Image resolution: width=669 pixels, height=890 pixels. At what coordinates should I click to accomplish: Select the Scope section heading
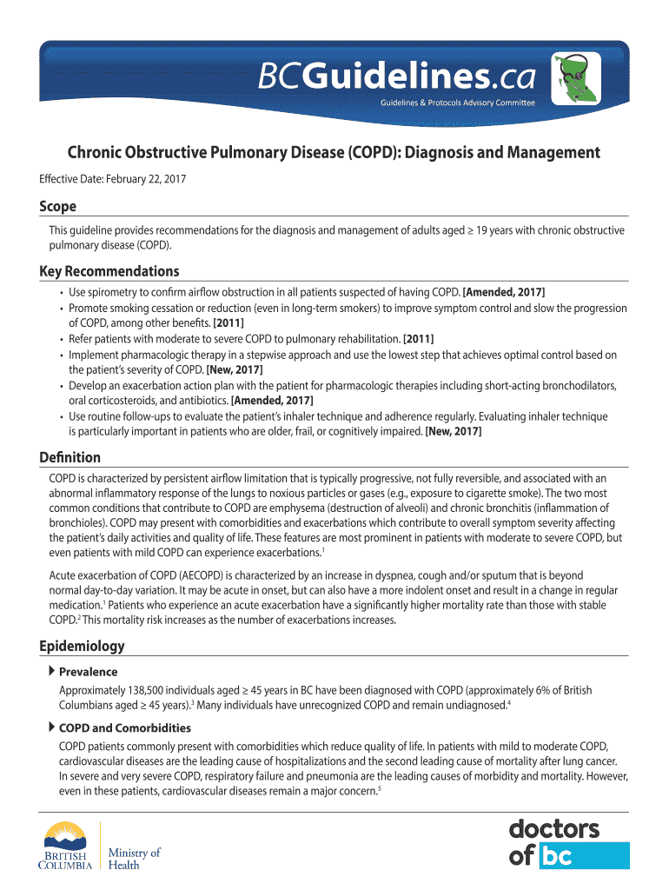pyautogui.click(x=57, y=207)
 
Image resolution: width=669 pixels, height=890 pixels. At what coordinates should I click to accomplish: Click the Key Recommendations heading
pyautogui.click(x=109, y=271)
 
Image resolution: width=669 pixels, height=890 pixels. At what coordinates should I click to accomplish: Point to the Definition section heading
pyautogui.click(x=70, y=457)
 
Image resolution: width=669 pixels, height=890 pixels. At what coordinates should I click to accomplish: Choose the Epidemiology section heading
pyautogui.click(x=82, y=646)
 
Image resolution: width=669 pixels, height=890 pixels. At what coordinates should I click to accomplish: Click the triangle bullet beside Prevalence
pyautogui.click(x=51, y=671)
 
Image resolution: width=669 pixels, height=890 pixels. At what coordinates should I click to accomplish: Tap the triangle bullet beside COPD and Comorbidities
pyautogui.click(x=51, y=727)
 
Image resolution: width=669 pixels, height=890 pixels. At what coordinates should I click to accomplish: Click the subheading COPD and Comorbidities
pyautogui.click(x=124, y=727)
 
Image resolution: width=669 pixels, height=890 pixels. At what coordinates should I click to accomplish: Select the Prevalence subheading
pyautogui.click(x=88, y=672)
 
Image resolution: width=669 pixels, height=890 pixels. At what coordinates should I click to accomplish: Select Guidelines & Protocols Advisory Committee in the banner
pyautogui.click(x=457, y=103)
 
